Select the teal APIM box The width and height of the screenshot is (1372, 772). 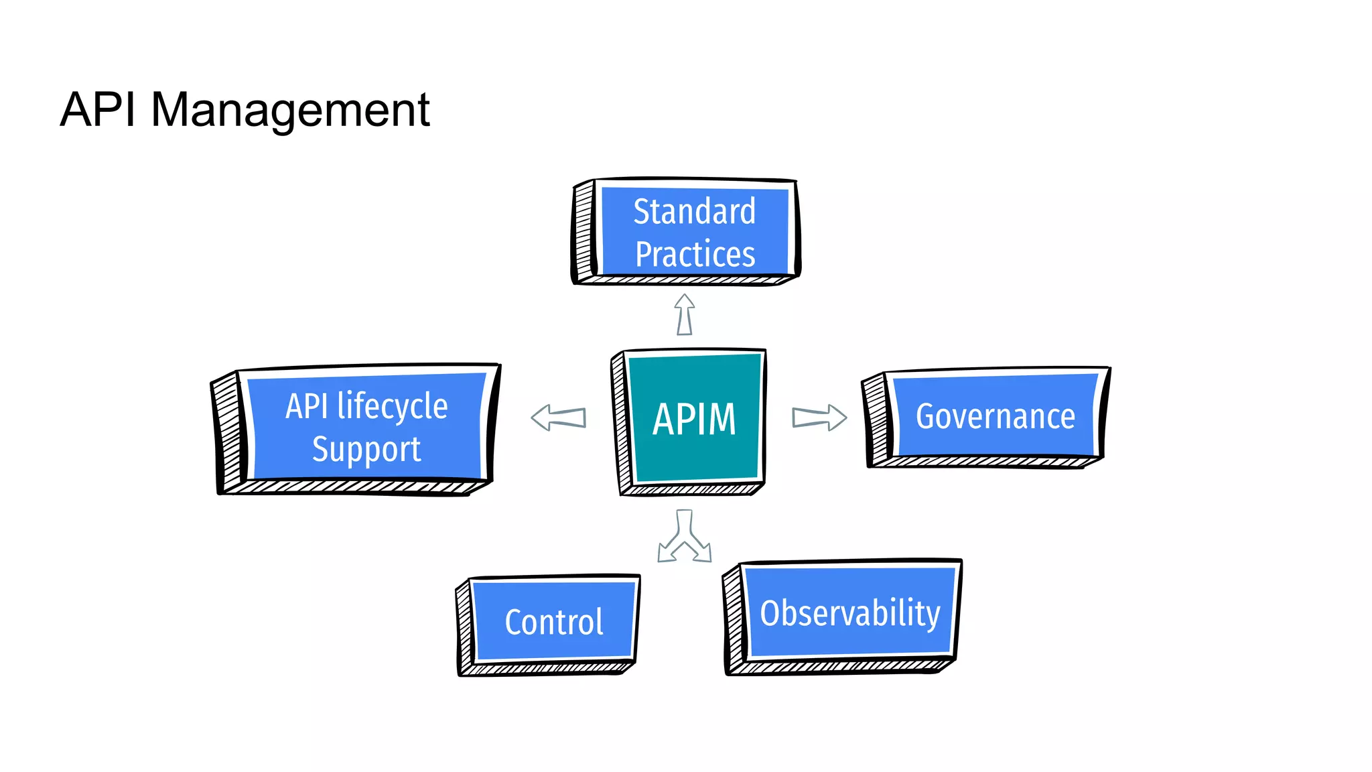pyautogui.click(x=689, y=422)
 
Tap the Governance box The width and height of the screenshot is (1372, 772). pyautogui.click(x=986, y=417)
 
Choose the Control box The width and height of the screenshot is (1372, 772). pyautogui.click(x=548, y=625)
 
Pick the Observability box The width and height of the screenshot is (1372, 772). pyautogui.click(x=843, y=616)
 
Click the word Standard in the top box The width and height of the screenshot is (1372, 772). pyautogui.click(x=694, y=211)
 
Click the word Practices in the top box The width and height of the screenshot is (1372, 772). pyautogui.click(x=695, y=254)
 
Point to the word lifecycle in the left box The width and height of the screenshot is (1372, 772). pyautogui.click(x=393, y=407)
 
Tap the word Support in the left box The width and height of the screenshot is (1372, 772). pyautogui.click(x=366, y=450)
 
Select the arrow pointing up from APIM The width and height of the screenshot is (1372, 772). pyautogui.click(x=684, y=314)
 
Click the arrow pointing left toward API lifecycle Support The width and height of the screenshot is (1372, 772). pyautogui.click(x=558, y=417)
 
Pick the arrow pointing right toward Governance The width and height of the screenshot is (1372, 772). pyautogui.click(x=819, y=417)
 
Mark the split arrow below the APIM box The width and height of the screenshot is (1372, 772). pyautogui.click(x=684, y=536)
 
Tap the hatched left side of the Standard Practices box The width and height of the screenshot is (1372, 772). pyautogui.click(x=584, y=231)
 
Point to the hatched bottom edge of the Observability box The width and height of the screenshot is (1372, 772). pyautogui.click(x=841, y=667)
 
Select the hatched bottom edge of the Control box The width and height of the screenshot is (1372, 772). pyautogui.click(x=547, y=668)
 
